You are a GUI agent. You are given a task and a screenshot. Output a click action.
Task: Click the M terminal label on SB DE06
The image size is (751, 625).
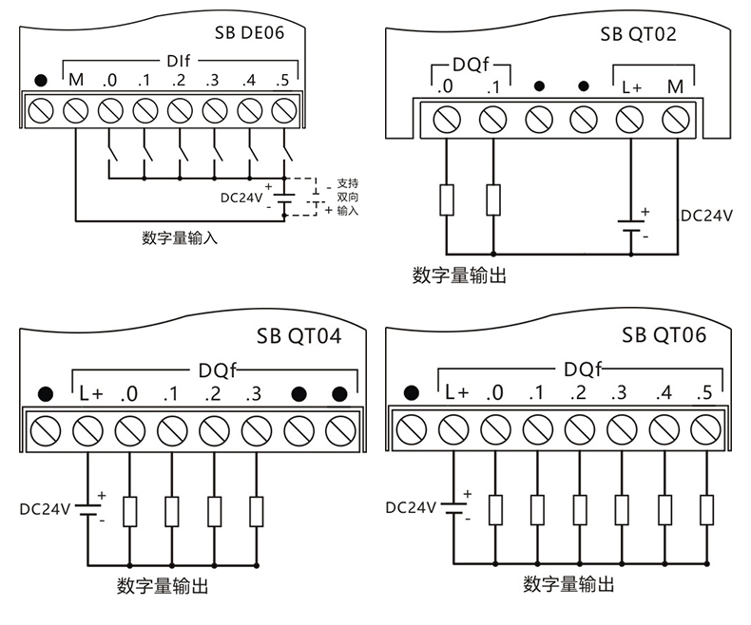coord(76,81)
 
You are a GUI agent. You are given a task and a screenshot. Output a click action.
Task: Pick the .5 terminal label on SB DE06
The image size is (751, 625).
coord(281,81)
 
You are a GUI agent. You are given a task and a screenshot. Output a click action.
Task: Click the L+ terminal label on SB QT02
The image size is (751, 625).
coord(633,86)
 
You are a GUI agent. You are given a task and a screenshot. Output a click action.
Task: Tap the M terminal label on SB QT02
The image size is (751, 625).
coord(676,86)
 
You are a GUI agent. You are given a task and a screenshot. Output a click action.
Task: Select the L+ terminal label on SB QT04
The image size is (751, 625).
coord(90,393)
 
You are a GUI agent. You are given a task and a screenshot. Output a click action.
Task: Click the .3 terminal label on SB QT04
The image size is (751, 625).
coord(253,393)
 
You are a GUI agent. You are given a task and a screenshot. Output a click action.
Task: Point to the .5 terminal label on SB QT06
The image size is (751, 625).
coord(704,392)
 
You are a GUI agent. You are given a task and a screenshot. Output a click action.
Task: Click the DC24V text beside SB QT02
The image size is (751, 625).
coord(706,216)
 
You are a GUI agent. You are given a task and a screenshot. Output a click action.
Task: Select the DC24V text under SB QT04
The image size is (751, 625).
coord(45,509)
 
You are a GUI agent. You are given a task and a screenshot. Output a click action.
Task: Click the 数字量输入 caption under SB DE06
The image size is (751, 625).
coord(180,237)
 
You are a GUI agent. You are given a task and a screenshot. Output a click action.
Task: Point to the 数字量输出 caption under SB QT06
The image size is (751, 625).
coord(569,583)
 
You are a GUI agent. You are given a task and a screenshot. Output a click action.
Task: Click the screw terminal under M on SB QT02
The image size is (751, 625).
coord(675,120)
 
